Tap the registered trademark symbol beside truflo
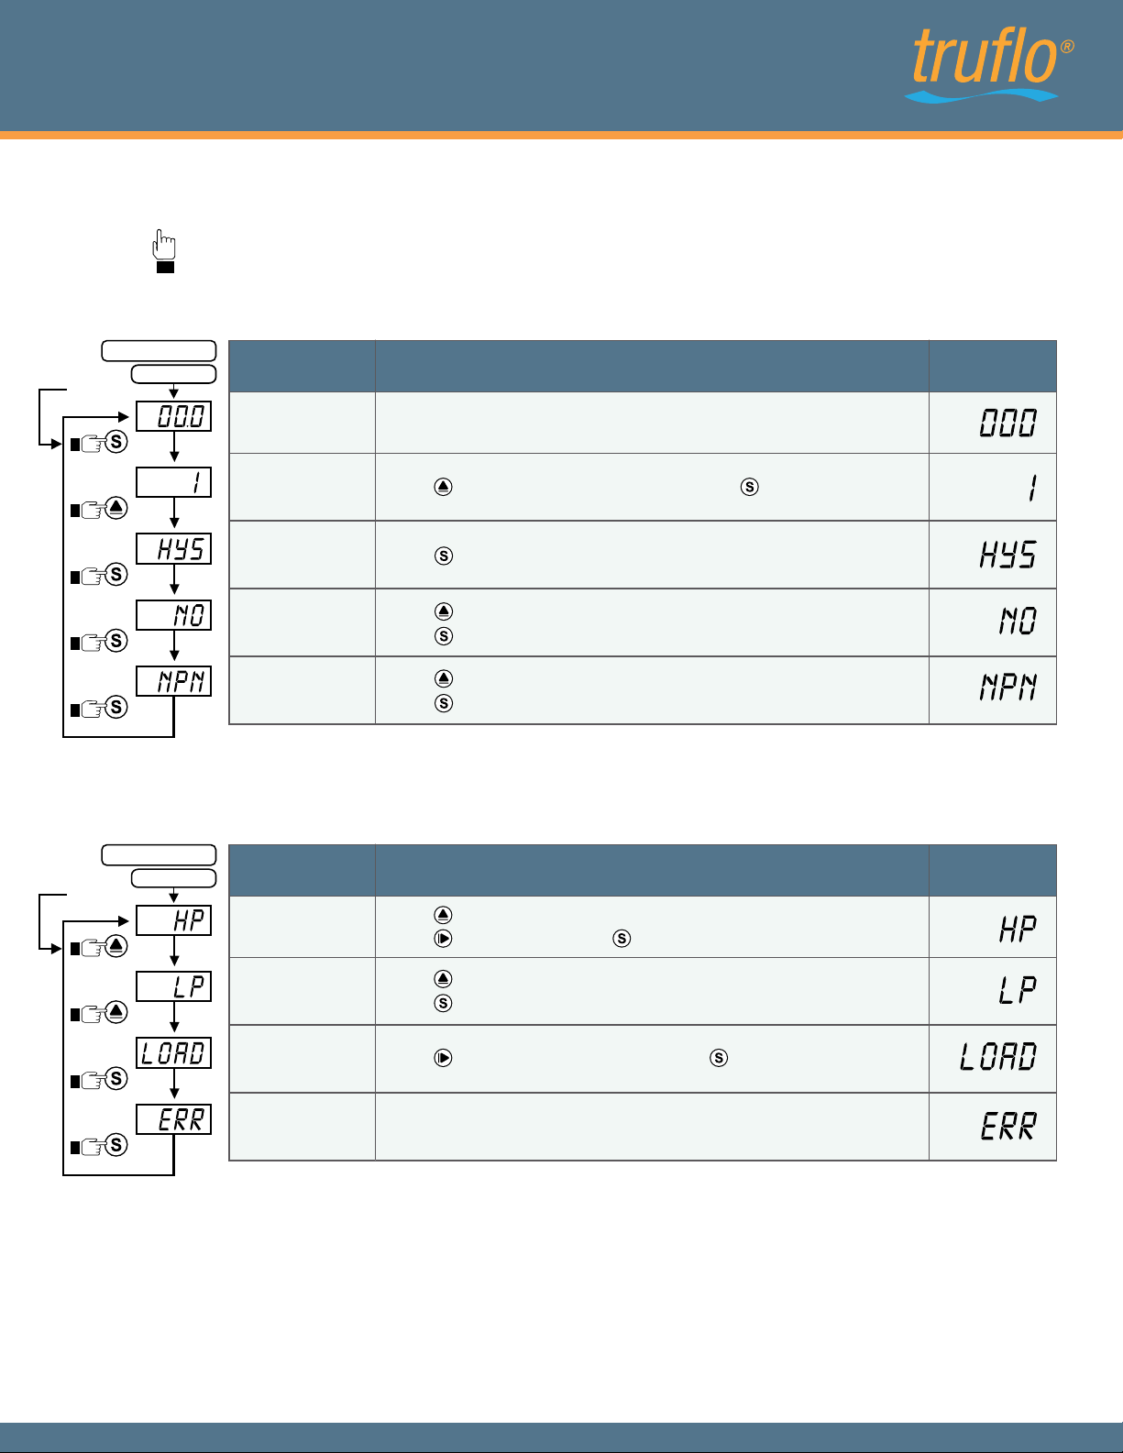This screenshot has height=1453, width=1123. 1067,46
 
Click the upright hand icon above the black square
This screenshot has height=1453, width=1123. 164,244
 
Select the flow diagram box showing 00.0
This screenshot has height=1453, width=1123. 174,416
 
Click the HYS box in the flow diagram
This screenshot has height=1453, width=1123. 174,548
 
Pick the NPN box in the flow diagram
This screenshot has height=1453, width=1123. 174,681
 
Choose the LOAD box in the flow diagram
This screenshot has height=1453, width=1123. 174,1052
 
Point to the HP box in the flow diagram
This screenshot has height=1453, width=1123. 174,920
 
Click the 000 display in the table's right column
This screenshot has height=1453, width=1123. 1008,423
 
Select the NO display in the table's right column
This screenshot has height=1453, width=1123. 1018,622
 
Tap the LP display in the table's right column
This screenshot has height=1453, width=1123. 1018,990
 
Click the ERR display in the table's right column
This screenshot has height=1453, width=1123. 1008,1126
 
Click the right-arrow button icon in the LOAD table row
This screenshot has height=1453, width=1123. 443,1058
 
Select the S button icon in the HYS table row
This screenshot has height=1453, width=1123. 444,556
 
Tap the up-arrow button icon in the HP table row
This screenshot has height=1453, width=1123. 443,914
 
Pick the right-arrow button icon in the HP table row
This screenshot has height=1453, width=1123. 443,938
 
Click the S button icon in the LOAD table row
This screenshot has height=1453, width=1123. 719,1058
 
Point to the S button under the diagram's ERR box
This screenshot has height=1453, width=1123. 116,1144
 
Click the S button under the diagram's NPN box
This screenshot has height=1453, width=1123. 116,706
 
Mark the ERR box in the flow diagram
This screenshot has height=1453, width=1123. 174,1118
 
